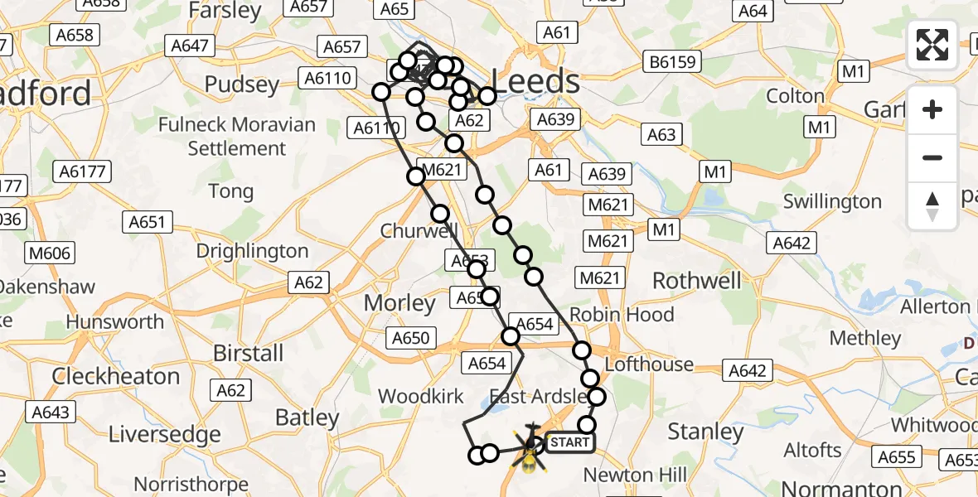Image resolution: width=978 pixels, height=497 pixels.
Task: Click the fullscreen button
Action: click(x=932, y=45)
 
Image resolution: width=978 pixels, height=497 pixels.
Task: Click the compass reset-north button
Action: click(x=932, y=206)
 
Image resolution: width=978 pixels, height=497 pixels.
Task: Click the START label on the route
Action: click(x=569, y=442)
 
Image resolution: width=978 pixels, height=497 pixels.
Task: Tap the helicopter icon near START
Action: click(x=529, y=448)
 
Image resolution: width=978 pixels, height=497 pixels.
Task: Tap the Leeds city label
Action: click(x=536, y=82)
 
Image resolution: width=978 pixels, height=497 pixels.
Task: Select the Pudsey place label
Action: click(x=242, y=85)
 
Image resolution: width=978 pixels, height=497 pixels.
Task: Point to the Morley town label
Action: click(x=400, y=303)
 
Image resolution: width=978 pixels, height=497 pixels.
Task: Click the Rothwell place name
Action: click(x=697, y=281)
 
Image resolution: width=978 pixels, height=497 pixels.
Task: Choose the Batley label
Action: click(x=307, y=417)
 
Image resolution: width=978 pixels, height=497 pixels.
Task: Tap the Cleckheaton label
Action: click(x=116, y=376)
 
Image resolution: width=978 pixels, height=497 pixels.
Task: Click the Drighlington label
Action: click(x=252, y=251)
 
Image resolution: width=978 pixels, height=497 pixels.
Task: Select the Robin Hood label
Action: click(x=622, y=315)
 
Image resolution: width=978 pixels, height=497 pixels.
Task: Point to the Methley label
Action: click(x=865, y=338)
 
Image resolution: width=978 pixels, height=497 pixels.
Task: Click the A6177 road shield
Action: click(x=82, y=171)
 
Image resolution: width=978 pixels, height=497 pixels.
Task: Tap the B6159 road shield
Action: click(x=673, y=61)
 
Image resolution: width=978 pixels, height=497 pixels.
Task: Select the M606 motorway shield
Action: click(x=50, y=253)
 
